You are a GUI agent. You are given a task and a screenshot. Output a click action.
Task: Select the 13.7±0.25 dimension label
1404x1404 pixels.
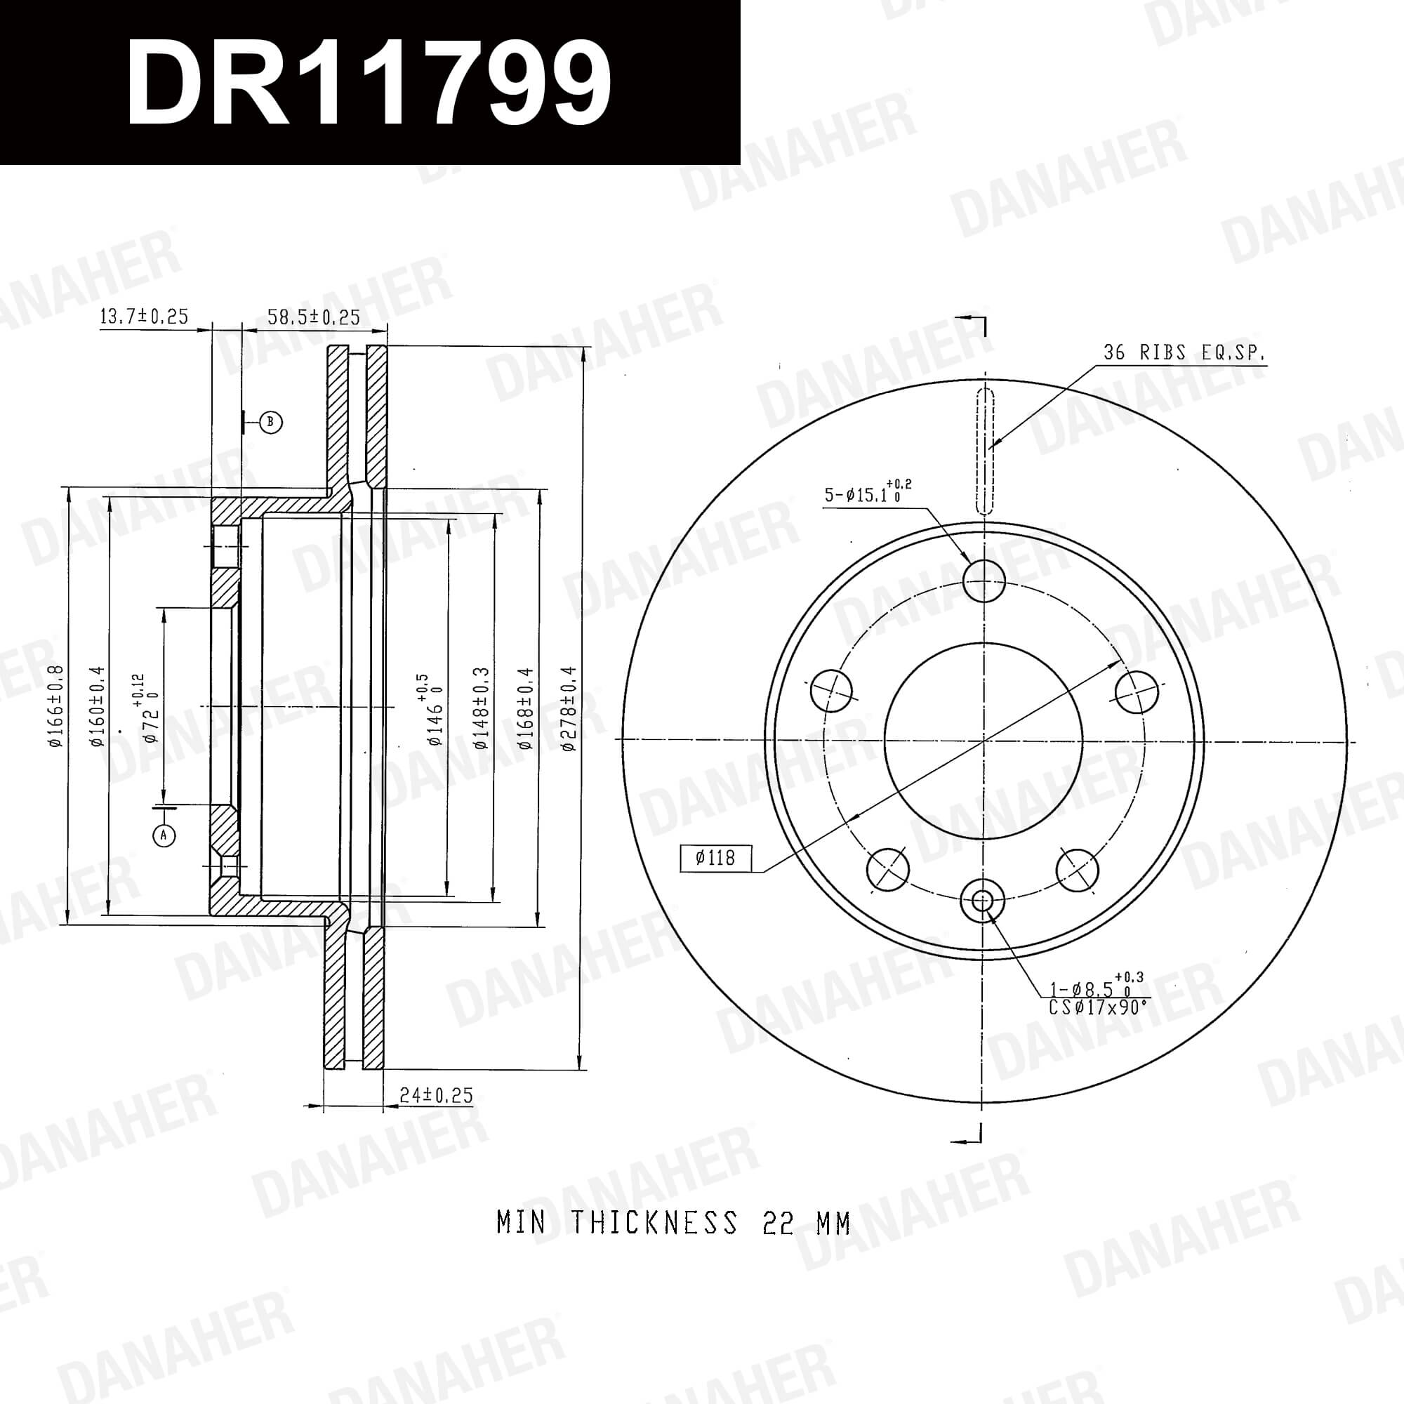tap(144, 316)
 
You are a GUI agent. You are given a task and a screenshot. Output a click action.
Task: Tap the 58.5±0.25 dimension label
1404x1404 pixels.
tap(314, 317)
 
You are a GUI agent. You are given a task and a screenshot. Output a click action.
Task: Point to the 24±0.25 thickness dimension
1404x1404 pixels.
tap(436, 1095)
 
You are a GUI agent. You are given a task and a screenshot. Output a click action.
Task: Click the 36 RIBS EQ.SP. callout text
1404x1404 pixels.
tap(1184, 352)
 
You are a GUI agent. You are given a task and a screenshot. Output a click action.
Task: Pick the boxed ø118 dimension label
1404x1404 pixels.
tap(716, 859)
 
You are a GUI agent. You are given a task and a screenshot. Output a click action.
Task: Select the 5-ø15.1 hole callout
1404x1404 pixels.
tap(868, 492)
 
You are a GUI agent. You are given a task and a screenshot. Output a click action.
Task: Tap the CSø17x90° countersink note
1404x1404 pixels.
tap(1099, 1007)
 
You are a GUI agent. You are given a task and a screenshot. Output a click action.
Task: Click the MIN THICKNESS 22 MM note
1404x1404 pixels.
tap(674, 1223)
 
